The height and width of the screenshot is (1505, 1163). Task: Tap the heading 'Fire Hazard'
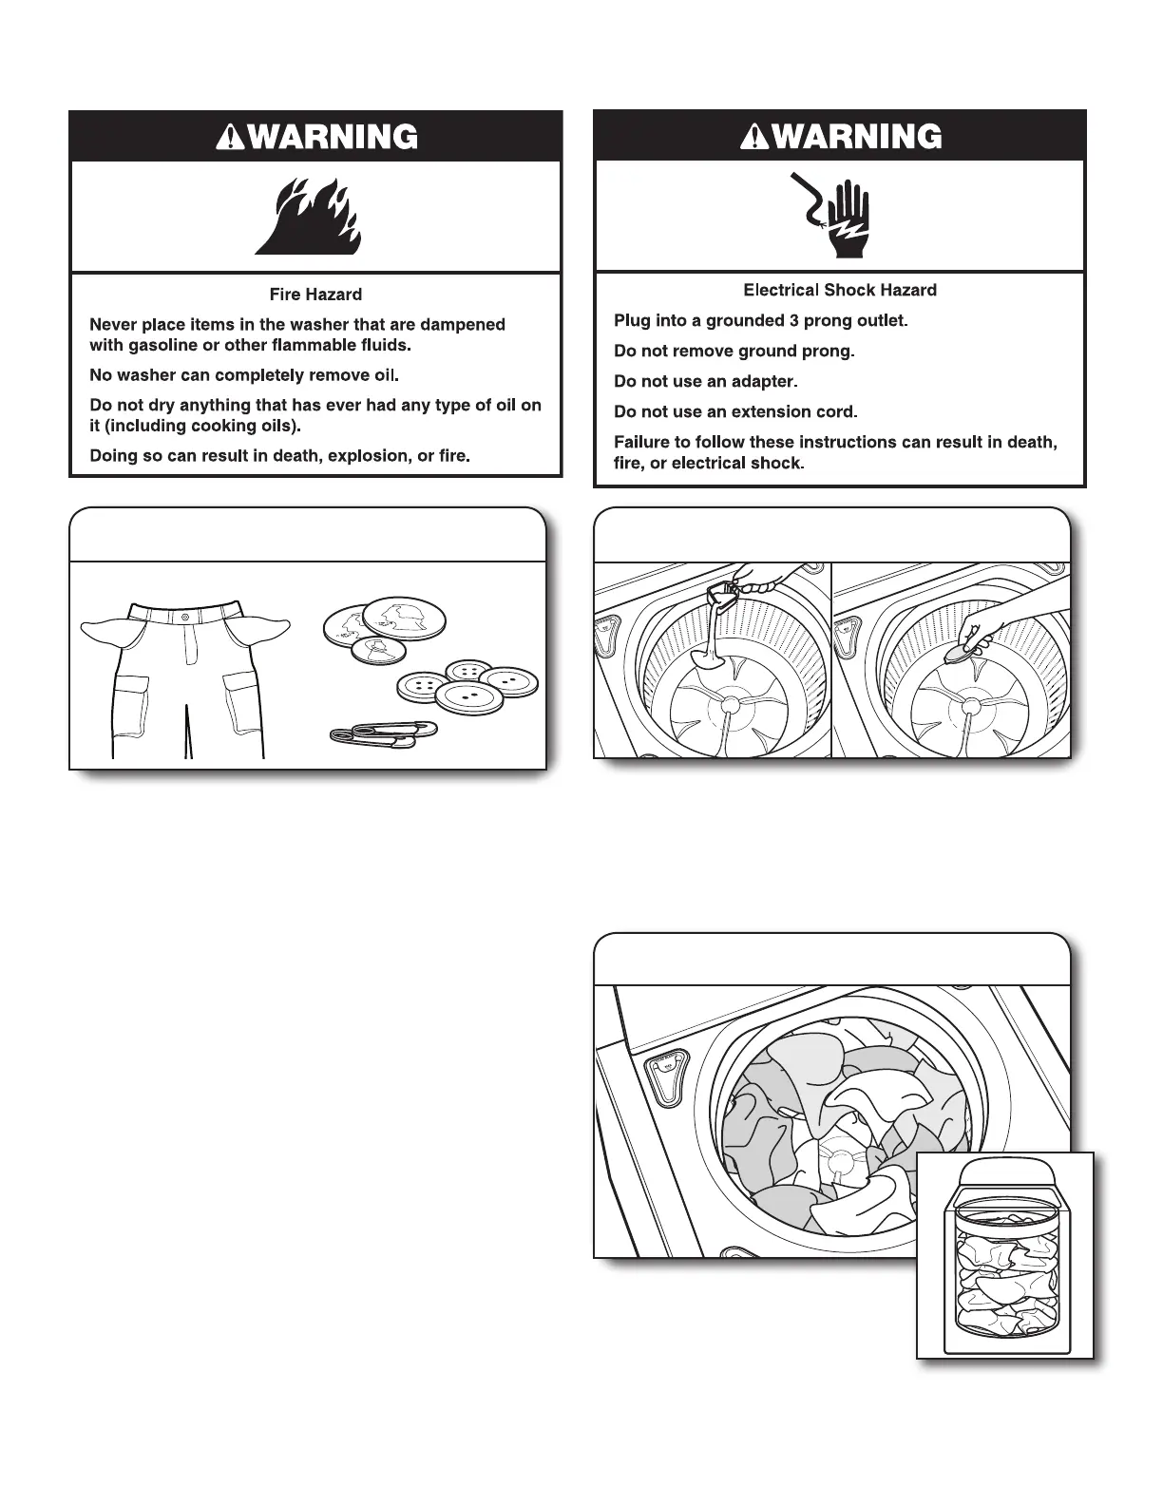coord(315,295)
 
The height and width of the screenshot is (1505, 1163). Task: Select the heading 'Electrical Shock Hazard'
coord(840,290)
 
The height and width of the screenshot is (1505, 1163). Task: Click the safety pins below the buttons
coord(383,733)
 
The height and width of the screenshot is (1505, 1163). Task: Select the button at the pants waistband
coord(184,616)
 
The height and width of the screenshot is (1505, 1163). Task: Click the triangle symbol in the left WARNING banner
coord(228,139)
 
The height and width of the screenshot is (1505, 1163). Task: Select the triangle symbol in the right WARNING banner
coord(754,138)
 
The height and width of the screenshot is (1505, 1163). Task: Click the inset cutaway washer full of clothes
coord(1004,1255)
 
